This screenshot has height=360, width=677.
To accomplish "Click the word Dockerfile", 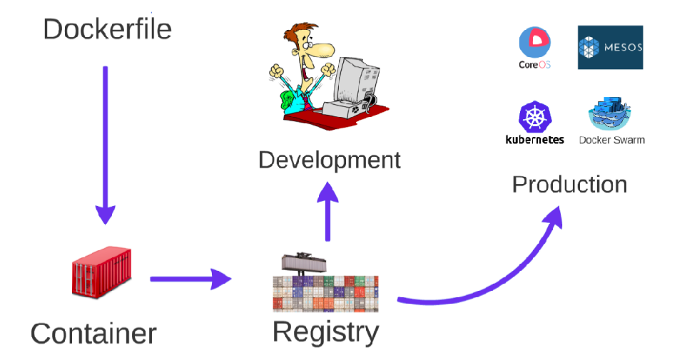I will [x=108, y=29].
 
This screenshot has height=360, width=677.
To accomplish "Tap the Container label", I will [x=93, y=333].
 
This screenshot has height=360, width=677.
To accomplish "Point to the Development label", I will [x=330, y=160].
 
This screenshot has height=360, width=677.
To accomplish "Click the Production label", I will [x=569, y=185].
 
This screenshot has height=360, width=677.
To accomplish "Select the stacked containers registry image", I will [x=325, y=285].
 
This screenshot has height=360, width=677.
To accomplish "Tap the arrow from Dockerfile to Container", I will [x=105, y=143].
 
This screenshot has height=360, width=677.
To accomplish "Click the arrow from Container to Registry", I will [x=190, y=279].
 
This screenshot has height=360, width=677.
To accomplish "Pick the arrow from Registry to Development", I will [x=327, y=211].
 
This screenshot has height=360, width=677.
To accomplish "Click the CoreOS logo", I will [x=536, y=43].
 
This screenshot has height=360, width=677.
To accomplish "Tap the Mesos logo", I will [x=610, y=48].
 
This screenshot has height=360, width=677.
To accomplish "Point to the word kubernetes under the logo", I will [x=534, y=140].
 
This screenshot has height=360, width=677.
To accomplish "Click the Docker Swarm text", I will [x=611, y=140].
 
